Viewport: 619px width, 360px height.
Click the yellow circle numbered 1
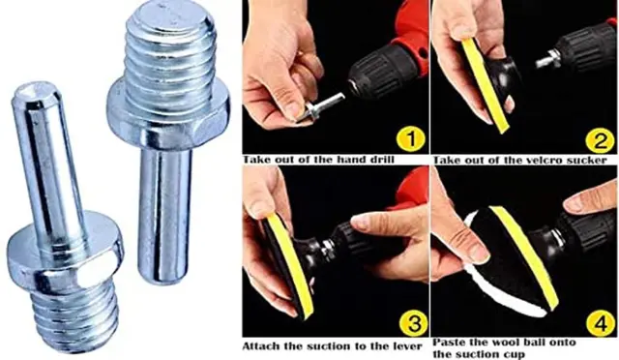pyautogui.click(x=410, y=138)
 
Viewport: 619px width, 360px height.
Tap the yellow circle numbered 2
pyautogui.click(x=600, y=140)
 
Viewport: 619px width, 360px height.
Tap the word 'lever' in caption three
pyautogui.click(x=407, y=346)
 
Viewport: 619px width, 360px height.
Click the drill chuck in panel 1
pyautogui.click(x=370, y=75)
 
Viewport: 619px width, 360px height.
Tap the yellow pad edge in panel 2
pyautogui.click(x=486, y=86)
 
